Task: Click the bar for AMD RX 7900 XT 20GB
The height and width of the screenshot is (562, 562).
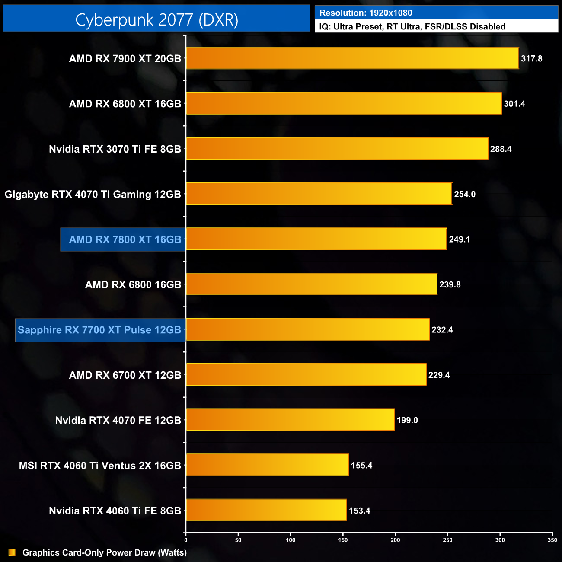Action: click(x=352, y=58)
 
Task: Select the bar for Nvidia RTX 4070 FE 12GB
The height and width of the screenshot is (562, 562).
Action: click(x=290, y=420)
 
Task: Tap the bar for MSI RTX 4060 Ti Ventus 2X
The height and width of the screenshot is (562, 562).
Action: click(x=267, y=465)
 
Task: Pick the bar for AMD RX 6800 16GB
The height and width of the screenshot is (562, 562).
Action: click(x=312, y=284)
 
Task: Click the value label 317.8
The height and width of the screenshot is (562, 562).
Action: click(x=531, y=59)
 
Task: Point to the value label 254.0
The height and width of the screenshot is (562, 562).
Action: click(x=465, y=195)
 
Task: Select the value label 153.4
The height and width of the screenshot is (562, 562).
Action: click(x=360, y=511)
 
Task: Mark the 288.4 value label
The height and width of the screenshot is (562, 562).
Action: click(x=501, y=149)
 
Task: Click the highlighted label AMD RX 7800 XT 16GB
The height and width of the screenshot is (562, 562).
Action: click(x=125, y=239)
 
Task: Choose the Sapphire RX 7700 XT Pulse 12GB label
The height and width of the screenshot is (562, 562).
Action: click(x=99, y=330)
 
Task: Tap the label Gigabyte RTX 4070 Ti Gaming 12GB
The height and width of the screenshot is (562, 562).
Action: click(x=93, y=195)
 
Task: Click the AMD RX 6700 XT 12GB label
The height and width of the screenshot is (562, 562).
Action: click(x=125, y=375)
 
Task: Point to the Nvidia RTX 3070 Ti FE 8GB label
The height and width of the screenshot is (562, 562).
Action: click(x=115, y=149)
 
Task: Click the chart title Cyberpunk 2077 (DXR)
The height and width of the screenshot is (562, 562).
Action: click(x=156, y=20)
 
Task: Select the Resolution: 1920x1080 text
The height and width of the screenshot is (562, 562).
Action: click(x=366, y=13)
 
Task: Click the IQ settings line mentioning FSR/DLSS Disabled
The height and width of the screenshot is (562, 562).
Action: click(x=412, y=27)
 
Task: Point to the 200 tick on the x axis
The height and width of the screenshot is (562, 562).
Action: click(x=395, y=540)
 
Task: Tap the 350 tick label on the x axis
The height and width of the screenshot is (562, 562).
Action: click(x=552, y=540)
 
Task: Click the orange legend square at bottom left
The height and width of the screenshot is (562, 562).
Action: click(x=12, y=552)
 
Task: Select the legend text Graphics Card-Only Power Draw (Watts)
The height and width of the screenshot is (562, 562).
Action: click(x=105, y=553)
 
